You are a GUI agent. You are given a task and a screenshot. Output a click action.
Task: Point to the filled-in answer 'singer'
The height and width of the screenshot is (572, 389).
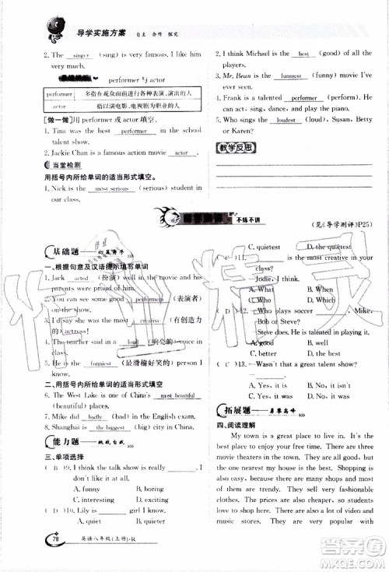[x=80, y=55]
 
